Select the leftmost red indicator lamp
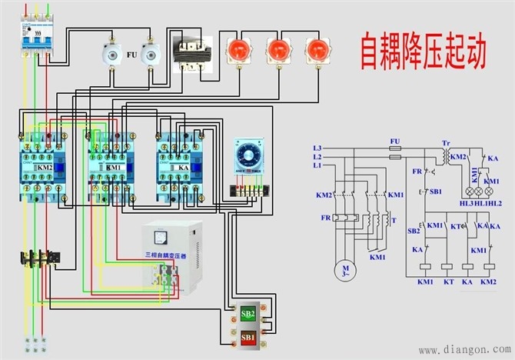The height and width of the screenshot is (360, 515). coord(235,50)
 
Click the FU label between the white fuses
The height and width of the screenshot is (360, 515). coord(132,55)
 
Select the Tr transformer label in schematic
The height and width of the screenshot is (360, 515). coord(446,144)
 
